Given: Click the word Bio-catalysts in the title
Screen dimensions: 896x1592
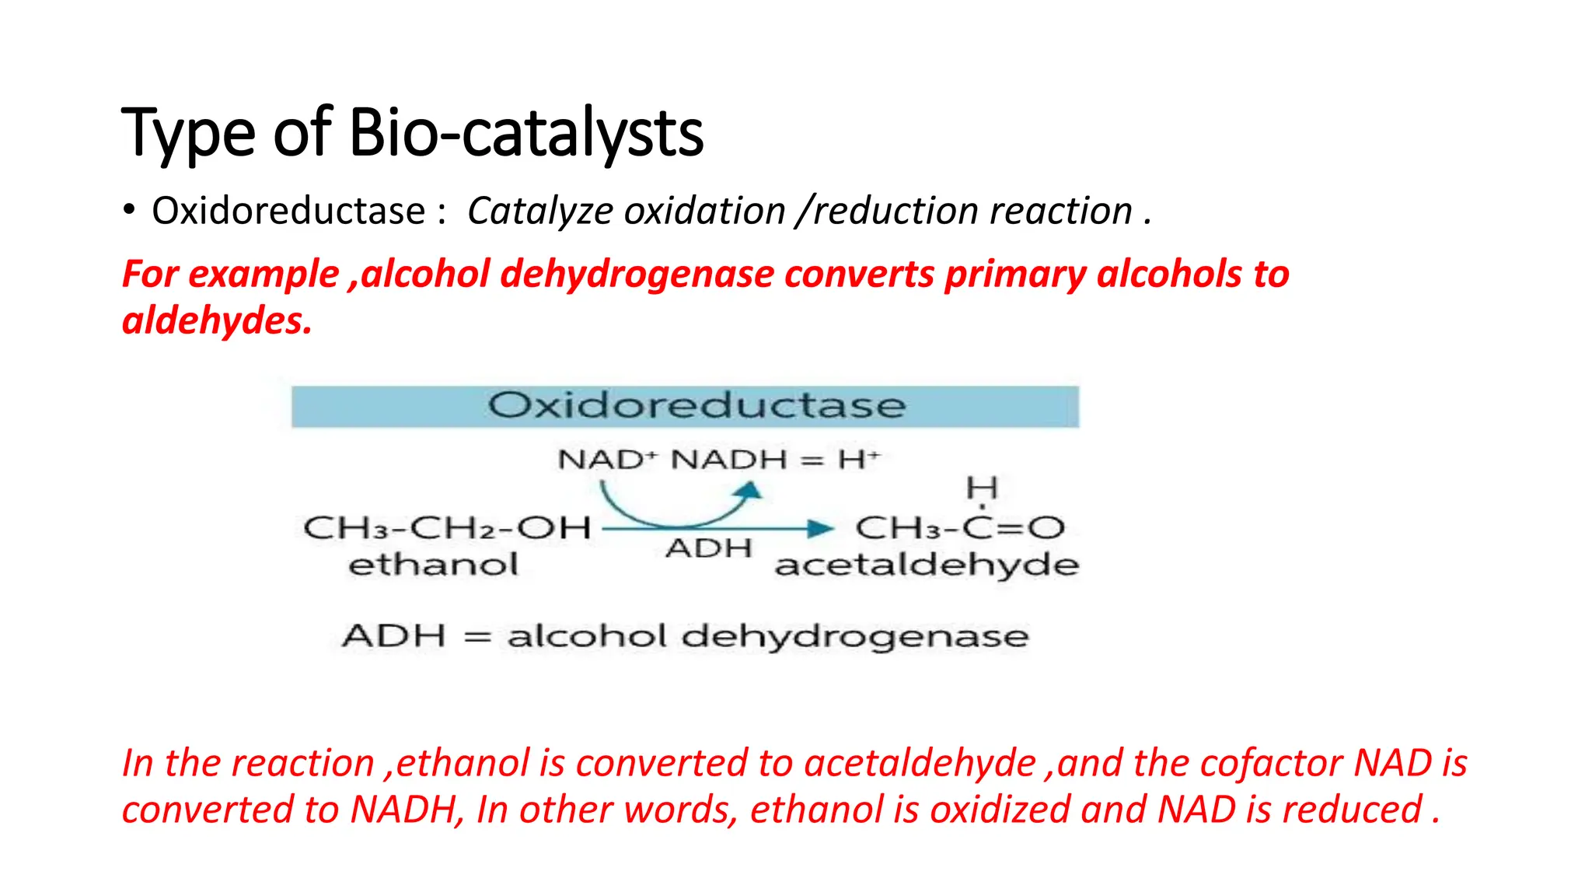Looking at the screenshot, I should (x=526, y=133).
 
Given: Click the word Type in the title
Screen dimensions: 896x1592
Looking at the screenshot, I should (x=188, y=133).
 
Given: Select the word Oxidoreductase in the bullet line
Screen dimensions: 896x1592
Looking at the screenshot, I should (x=288, y=212).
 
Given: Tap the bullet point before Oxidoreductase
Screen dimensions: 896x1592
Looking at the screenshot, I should (x=129, y=211).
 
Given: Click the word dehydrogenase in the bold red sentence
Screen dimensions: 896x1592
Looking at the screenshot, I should (x=637, y=275).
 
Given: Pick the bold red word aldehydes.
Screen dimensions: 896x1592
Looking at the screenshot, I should (x=216, y=321).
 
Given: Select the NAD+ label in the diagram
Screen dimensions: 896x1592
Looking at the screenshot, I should (x=602, y=460).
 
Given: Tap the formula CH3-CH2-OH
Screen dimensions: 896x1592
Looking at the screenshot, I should (x=447, y=529).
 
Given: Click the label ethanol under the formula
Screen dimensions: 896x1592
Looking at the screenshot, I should (x=433, y=565).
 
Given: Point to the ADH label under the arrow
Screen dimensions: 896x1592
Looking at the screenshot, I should (x=708, y=548).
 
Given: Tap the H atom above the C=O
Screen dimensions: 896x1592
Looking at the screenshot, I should (x=981, y=489).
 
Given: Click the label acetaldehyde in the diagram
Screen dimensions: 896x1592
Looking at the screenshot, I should (x=927, y=565).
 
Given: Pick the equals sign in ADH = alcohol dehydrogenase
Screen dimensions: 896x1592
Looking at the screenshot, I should (x=477, y=637).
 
